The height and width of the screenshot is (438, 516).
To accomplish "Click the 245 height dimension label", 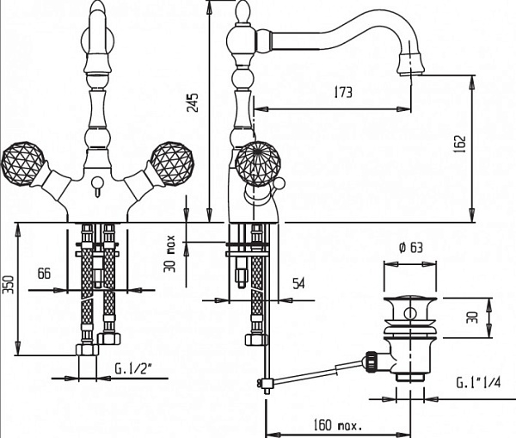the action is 193,102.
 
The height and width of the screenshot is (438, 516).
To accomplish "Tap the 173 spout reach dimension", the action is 343,92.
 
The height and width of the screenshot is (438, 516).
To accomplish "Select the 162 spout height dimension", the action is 460,144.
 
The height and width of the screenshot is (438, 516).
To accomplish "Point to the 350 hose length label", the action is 9,285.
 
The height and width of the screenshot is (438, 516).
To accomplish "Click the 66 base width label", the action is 45,274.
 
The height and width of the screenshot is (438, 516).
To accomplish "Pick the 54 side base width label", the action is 298,283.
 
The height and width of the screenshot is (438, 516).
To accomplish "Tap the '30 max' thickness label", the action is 170,254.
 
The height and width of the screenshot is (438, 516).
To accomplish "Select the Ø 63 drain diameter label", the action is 411,247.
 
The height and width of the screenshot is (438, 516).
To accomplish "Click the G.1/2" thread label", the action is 134,368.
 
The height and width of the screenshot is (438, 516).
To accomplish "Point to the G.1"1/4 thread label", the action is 478,383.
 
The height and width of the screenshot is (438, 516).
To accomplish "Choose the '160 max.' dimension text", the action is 337,425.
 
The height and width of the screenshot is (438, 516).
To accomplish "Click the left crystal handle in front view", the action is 22,163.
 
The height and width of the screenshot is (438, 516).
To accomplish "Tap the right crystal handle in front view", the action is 172,163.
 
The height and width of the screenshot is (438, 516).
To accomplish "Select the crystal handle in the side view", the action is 259,163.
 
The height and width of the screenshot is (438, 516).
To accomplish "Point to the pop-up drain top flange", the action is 410,300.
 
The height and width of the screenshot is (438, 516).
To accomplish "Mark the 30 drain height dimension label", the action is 473,318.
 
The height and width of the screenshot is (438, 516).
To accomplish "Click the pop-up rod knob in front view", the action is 97,182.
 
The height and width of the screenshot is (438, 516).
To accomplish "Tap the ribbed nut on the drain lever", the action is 371,361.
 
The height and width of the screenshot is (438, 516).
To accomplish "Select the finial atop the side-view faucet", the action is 243,12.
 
